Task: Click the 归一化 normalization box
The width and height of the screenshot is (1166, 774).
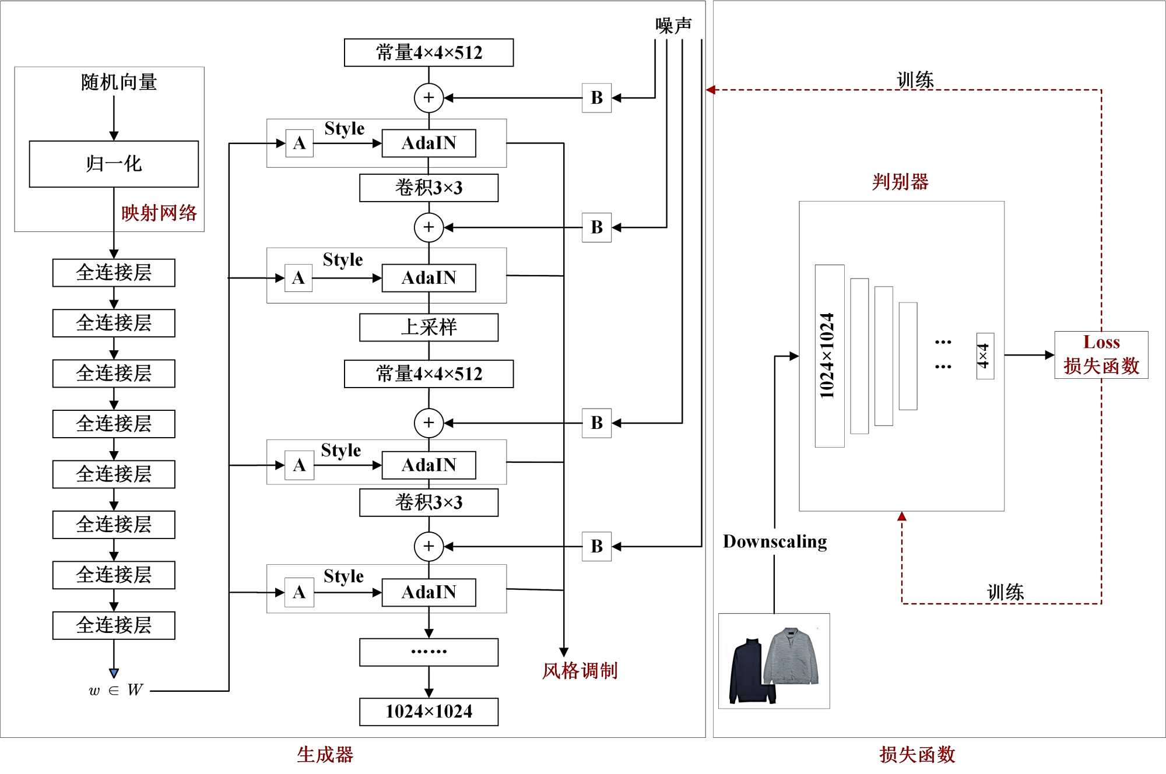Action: coord(114,164)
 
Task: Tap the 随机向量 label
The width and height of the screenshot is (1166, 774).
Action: coord(119,82)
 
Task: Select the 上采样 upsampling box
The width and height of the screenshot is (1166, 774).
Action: coord(429,327)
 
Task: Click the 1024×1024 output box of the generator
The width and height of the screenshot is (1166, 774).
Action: coord(429,712)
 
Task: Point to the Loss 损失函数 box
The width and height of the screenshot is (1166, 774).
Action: coord(1101,354)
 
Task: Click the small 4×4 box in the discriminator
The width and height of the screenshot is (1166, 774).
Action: coord(985,356)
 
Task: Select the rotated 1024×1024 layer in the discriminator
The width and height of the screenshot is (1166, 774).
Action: coord(829,356)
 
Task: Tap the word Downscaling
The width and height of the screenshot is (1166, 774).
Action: coord(775,541)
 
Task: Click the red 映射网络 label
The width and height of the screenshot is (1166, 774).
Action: coord(159,213)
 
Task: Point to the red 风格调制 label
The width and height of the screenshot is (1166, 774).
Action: coord(580,671)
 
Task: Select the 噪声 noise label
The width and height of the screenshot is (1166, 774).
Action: coord(673,25)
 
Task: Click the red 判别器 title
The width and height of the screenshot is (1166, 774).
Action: coord(900,182)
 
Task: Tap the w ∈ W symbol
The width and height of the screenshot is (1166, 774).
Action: coord(116,691)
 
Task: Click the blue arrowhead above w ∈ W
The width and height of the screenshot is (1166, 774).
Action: coord(114,673)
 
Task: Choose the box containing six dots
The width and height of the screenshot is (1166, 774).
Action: coord(429,652)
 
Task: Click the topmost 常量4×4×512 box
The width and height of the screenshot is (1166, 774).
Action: coord(429,52)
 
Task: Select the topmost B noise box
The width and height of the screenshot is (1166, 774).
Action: coord(596,98)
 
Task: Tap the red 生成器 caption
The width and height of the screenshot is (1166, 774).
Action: coord(325,755)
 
